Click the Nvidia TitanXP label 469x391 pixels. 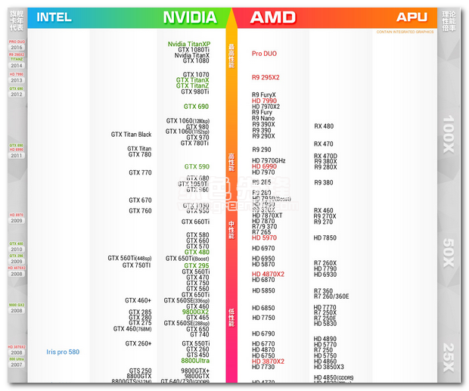pyautogui.click(x=189, y=44)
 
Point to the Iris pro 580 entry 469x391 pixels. pyautogui.click(x=63, y=352)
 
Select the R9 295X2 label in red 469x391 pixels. pyautogui.click(x=266, y=78)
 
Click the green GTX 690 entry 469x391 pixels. pyautogui.click(x=196, y=107)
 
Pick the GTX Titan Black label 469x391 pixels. pyautogui.click(x=132, y=135)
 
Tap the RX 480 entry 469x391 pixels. pyautogui.click(x=324, y=126)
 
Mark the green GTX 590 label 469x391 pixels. pyautogui.click(x=197, y=166)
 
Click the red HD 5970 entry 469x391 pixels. pyautogui.click(x=265, y=238)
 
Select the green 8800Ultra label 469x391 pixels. pyautogui.click(x=195, y=361)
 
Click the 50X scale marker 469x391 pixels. pyautogui.click(x=449, y=248)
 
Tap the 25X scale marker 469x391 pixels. pyautogui.click(x=449, y=355)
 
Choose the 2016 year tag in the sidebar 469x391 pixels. pyautogui.click(x=17, y=47)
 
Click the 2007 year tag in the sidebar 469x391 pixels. pyautogui.click(x=17, y=365)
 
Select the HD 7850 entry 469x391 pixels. pyautogui.click(x=325, y=238)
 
